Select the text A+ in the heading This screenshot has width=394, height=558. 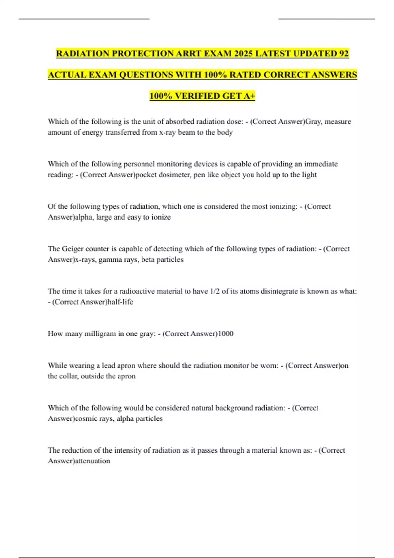pos(249,96)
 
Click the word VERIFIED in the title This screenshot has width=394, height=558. pos(197,96)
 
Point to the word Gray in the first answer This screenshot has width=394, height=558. pos(313,122)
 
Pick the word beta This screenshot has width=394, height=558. pos(148,260)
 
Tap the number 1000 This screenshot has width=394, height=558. pos(226,334)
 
